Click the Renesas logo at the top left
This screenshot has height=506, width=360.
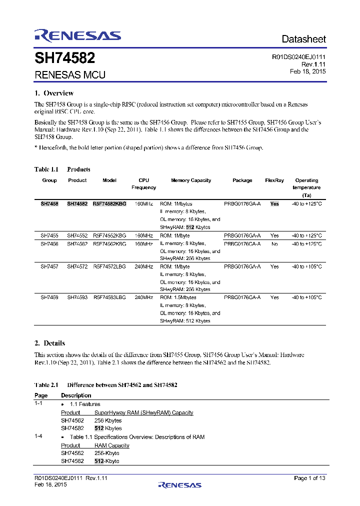77,35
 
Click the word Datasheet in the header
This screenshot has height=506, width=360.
303,39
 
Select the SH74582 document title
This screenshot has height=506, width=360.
64,58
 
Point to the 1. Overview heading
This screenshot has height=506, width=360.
54,93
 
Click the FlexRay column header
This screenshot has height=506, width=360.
274,180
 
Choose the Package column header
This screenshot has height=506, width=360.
242,180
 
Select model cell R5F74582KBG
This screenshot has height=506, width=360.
109,204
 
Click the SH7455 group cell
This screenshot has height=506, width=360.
49,235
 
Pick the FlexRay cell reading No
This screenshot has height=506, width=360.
274,243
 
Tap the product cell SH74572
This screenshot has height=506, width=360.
77,266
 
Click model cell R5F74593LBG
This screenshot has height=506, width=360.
109,297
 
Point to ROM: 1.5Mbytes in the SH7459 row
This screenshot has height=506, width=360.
178,297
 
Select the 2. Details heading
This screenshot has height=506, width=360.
49,343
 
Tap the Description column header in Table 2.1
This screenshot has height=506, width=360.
76,395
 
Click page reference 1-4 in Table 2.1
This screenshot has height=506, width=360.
38,437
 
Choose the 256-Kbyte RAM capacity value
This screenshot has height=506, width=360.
107,453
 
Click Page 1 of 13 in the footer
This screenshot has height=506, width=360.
310,478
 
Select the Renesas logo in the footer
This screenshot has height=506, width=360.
180,484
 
